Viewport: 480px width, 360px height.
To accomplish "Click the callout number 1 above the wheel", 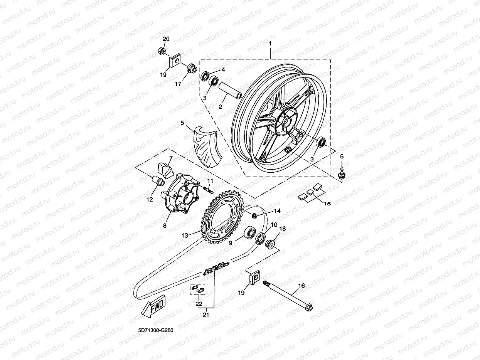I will pyautogui.click(x=270, y=44).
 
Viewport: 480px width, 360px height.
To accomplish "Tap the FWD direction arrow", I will pyautogui.click(x=153, y=306).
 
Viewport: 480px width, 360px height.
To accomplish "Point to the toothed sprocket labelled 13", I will pyautogui.click(x=222, y=218).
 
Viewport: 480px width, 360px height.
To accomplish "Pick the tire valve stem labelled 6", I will pyautogui.click(x=341, y=172).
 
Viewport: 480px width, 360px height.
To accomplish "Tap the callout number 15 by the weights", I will pyautogui.click(x=327, y=204).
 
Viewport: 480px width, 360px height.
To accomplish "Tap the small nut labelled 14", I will pyautogui.click(x=254, y=214).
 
